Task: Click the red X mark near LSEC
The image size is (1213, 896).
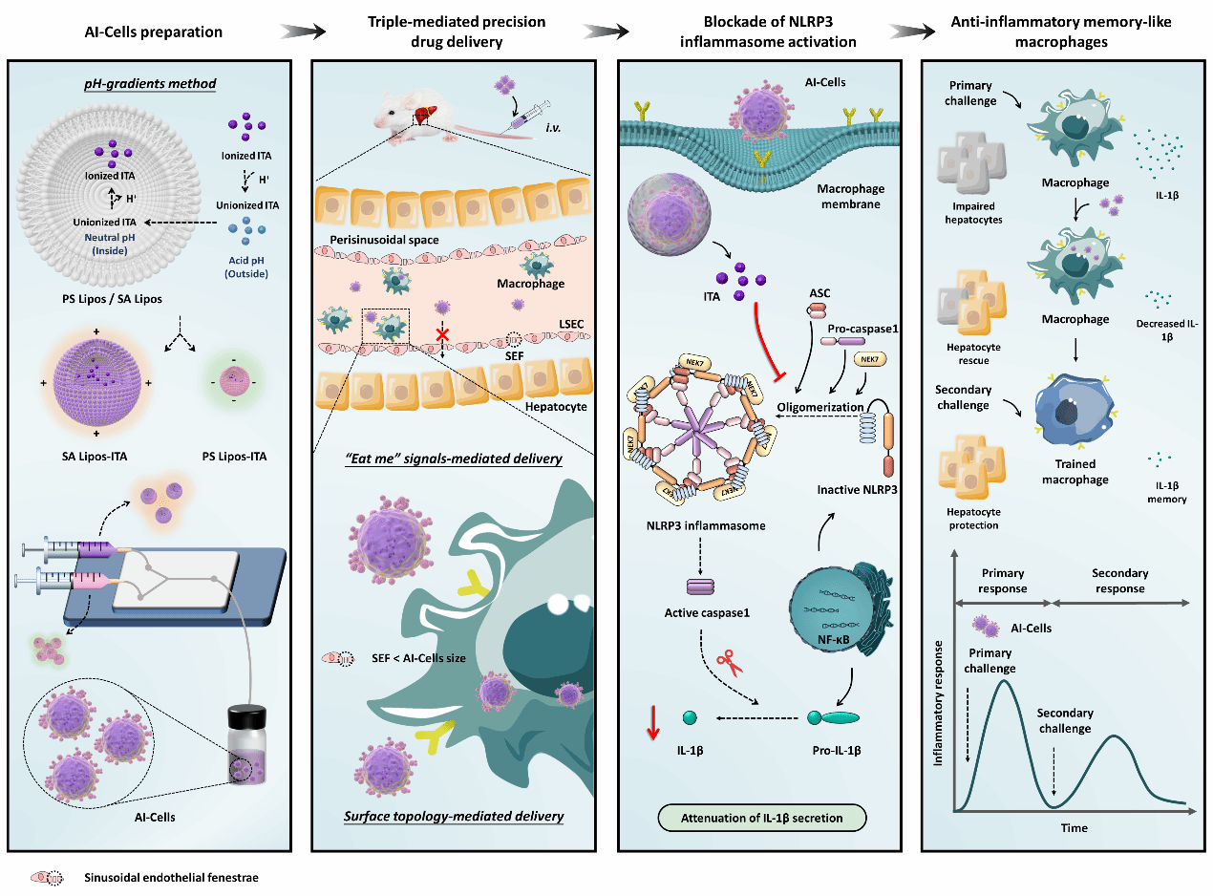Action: pyautogui.click(x=442, y=335)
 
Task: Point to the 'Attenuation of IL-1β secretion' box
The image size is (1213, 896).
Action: pyautogui.click(x=760, y=818)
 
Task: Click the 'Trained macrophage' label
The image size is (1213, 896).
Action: pyautogui.click(x=1076, y=472)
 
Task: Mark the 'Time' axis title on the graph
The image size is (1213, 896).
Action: pyautogui.click(x=1074, y=827)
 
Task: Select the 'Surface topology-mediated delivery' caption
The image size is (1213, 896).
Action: pyautogui.click(x=453, y=817)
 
